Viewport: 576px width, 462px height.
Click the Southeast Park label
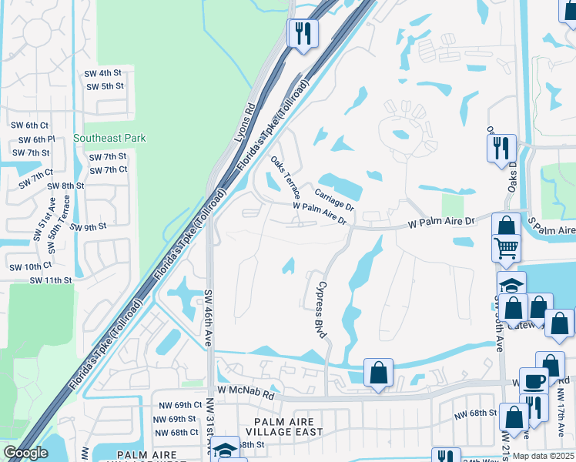pos(109,139)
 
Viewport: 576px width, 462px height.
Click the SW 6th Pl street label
pos(33,139)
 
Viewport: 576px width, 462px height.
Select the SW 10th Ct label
pos(30,266)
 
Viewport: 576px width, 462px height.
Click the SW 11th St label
pos(51,280)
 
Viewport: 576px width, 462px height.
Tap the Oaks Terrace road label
pos(285,179)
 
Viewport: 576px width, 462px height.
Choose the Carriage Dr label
pos(333,199)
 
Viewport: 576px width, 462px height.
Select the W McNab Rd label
pos(246,393)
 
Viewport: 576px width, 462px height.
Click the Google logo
pos(25,453)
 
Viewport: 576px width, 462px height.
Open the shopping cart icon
pos(507,248)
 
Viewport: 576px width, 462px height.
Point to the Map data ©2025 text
pos(543,456)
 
